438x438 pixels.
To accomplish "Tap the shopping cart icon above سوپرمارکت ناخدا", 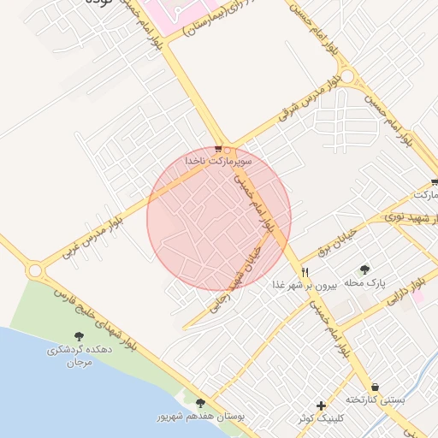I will click(218, 149).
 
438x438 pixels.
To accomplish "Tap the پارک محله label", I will click(365, 282).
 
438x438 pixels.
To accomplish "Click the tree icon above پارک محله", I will click(366, 269).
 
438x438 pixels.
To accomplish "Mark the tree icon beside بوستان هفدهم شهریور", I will click(201, 403).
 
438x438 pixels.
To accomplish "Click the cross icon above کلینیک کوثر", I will click(321, 405).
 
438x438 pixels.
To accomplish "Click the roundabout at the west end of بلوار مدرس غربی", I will click(35, 271).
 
